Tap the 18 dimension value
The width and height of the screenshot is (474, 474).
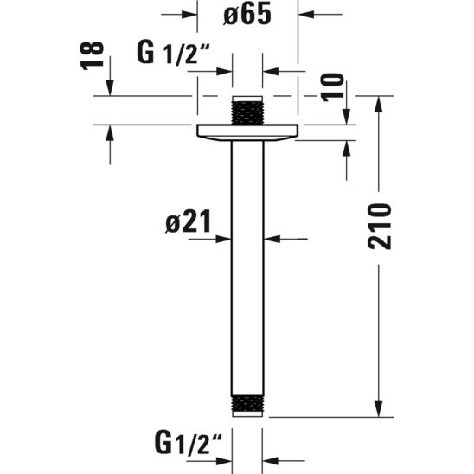tap(96, 57)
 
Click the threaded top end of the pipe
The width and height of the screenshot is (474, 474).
tap(248, 112)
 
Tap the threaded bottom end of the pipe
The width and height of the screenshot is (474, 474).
tap(248, 405)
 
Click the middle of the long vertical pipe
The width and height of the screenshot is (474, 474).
tap(248, 259)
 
